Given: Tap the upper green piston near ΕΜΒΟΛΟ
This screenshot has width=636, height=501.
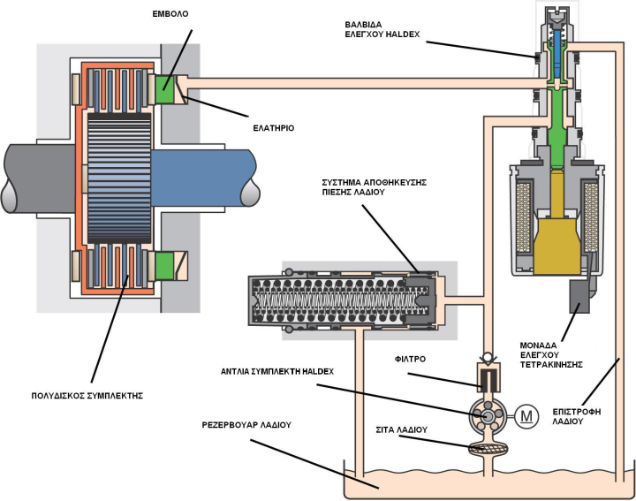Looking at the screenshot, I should click(166, 88).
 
